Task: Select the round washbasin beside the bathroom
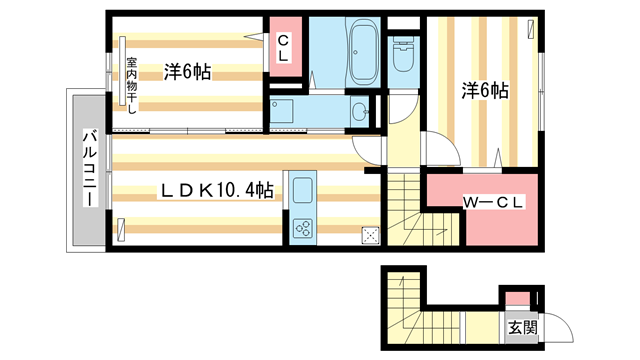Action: pyautogui.click(x=359, y=111)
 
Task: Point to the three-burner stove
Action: pyautogui.click(x=302, y=228)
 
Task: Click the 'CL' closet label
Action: pyautogui.click(x=283, y=49)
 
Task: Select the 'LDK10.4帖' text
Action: pyautogui.click(x=217, y=189)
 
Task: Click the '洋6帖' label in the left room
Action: pyautogui.click(x=187, y=71)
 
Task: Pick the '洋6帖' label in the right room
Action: pyautogui.click(x=485, y=91)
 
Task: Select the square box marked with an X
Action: pyautogui.click(x=370, y=236)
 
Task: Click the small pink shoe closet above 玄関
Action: pyautogui.click(x=515, y=298)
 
